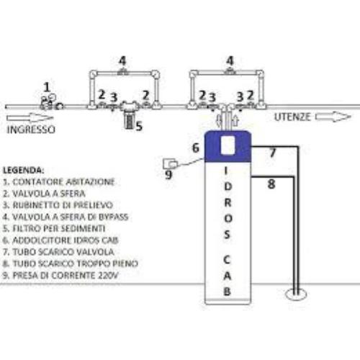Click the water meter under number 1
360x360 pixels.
(51, 103)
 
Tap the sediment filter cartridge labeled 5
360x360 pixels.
(130, 122)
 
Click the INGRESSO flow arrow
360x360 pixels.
(30, 118)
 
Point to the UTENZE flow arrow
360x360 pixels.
(333, 117)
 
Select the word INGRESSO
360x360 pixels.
(31, 130)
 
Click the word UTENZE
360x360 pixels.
(292, 117)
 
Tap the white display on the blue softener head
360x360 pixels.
(228, 145)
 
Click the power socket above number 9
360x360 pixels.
(170, 164)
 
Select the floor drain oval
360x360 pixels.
(297, 294)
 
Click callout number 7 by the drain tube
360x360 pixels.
(272, 153)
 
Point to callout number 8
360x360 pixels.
(271, 184)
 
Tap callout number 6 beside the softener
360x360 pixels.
(196, 148)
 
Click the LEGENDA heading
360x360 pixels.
(23, 170)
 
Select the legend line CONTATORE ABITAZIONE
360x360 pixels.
(59, 181)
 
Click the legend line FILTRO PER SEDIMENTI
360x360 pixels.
(54, 228)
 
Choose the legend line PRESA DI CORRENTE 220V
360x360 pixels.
(60, 275)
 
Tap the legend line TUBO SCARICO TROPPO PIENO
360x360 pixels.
(71, 264)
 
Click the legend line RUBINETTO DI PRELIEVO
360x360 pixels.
(58, 205)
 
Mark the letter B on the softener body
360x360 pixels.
(227, 292)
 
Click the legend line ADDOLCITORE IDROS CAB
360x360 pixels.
(60, 240)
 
